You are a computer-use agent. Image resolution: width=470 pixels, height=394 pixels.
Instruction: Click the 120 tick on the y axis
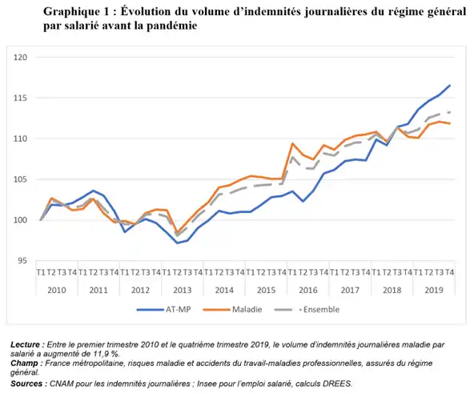(20, 57)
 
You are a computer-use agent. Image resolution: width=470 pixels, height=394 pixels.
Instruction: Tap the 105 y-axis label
(20, 179)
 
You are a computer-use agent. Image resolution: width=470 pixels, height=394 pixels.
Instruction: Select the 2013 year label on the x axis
(183, 290)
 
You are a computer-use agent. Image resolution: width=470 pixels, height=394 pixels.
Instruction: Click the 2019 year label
(434, 290)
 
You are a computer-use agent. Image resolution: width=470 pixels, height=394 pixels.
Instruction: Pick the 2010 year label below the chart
(57, 290)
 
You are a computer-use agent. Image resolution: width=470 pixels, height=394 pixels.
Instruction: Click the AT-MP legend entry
(163, 309)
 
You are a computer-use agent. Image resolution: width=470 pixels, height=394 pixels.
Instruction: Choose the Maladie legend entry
(232, 309)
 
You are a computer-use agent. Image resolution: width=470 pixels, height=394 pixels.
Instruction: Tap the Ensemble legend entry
(307, 309)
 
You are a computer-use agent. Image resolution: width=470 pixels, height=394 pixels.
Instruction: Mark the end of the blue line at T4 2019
(450, 86)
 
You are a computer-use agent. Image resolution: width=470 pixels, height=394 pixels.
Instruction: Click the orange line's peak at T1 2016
(292, 143)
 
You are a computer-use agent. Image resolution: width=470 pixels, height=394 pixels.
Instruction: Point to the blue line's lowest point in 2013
(178, 243)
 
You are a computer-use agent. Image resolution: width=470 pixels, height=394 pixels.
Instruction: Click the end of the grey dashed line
(450, 112)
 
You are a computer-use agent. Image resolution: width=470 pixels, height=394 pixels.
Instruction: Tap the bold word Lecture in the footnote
(25, 344)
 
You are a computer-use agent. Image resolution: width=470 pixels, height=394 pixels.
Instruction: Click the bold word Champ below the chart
(24, 364)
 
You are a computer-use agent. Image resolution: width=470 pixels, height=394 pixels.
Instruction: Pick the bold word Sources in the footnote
(26, 384)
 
